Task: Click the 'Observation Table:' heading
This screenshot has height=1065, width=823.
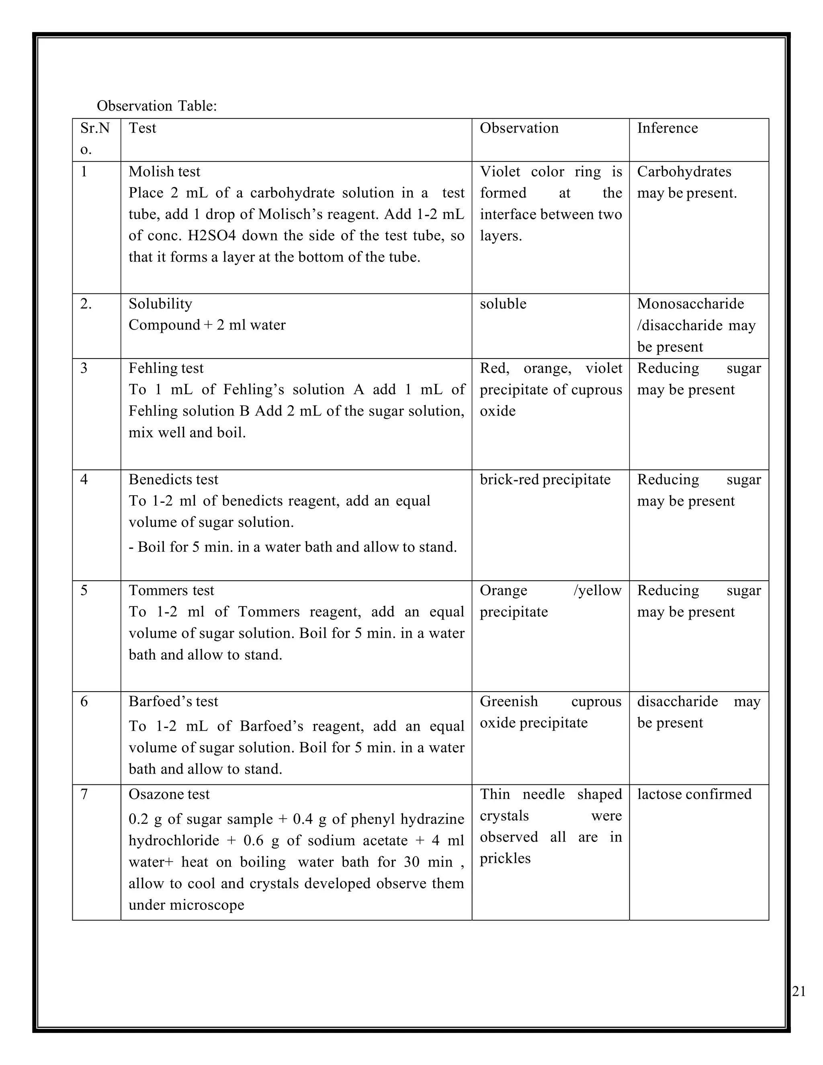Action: click(x=156, y=106)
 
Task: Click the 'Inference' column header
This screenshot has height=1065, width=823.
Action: click(x=667, y=128)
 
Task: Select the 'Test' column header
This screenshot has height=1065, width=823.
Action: click(x=142, y=128)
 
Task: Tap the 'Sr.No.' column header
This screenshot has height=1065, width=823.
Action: click(x=95, y=139)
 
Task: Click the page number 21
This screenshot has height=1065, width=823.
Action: click(x=798, y=991)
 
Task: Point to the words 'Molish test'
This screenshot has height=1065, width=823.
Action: click(x=164, y=172)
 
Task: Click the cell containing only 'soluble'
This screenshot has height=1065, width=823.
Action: click(x=503, y=304)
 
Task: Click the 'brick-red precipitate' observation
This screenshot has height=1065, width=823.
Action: click(x=545, y=480)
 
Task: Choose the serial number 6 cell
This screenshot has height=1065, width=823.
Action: click(x=84, y=702)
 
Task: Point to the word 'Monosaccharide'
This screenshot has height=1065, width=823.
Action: click(x=690, y=304)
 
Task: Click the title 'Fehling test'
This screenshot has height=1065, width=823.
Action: click(x=166, y=368)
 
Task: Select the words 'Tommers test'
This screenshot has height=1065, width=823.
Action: click(x=171, y=590)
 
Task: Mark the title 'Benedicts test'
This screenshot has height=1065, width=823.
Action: click(x=173, y=480)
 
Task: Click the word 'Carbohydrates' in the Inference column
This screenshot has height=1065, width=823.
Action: click(x=684, y=172)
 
